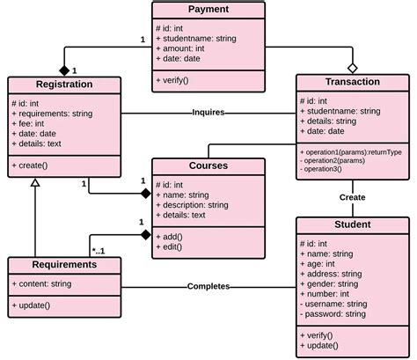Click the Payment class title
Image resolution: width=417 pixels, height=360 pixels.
point(208,10)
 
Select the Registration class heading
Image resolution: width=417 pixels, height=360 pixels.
point(63,85)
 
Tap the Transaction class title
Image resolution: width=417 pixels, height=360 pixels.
point(352,82)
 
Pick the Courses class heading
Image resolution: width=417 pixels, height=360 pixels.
point(208,166)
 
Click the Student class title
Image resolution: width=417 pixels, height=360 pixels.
point(352,224)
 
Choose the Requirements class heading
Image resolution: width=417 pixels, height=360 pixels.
point(63,264)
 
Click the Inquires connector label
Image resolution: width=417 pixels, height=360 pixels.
point(209,113)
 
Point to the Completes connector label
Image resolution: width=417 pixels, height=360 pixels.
point(208,286)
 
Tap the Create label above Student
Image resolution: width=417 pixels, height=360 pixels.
point(352,197)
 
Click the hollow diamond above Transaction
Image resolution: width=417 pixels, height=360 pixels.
point(352,67)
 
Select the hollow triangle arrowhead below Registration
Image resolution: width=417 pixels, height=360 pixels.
point(35,181)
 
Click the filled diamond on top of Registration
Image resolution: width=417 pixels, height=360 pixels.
point(63,70)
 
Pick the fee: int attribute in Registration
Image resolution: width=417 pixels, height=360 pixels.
point(30,123)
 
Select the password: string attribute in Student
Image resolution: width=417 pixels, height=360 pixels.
point(334,312)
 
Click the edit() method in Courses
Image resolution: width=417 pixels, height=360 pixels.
point(172,248)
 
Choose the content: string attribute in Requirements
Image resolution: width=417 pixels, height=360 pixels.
point(44,283)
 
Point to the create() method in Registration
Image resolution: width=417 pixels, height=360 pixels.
point(33,165)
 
